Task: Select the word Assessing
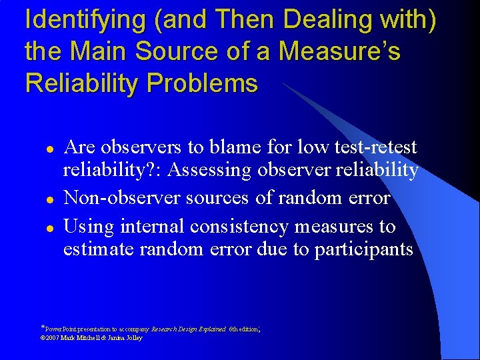[x=211, y=171]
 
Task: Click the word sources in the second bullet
[x=215, y=198]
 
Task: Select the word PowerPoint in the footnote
[x=62, y=329]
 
